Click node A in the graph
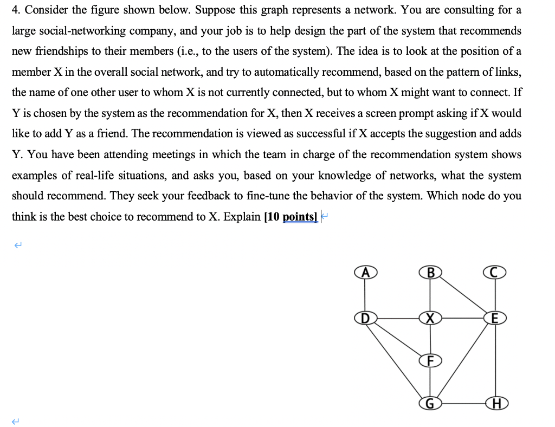[364, 273]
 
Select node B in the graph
[431, 273]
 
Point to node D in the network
[364, 316]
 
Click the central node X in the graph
[431, 317]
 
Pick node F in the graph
[431, 360]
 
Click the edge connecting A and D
[364, 294]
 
